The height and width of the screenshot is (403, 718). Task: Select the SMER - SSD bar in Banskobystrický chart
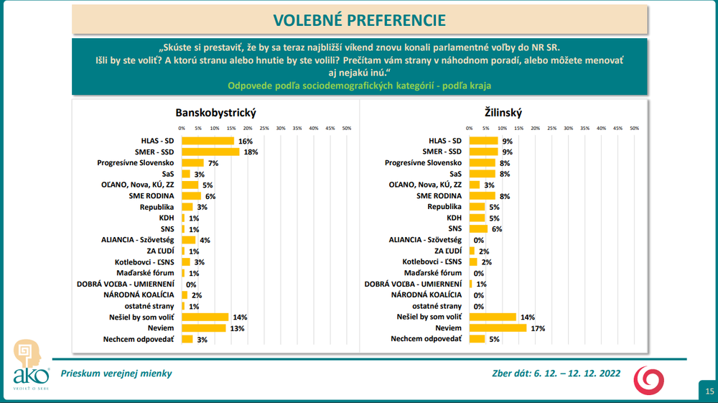tap(210, 152)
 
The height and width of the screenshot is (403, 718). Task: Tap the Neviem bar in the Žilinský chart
tap(498, 328)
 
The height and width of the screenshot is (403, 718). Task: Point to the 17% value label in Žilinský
tap(536, 328)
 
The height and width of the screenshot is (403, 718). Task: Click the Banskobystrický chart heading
tap(216, 113)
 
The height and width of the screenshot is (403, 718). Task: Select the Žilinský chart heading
tap(503, 113)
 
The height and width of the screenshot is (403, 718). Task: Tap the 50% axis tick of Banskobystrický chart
tap(346, 128)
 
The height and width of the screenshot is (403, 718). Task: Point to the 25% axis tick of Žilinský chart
tap(551, 128)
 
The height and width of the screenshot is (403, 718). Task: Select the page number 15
tap(709, 392)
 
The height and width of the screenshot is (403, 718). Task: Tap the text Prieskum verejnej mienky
tap(116, 373)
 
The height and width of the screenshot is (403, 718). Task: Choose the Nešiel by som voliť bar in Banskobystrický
tap(205, 317)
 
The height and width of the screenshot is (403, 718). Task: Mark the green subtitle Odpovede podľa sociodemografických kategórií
tap(359, 85)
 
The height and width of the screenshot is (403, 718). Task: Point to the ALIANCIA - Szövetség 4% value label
tap(205, 240)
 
